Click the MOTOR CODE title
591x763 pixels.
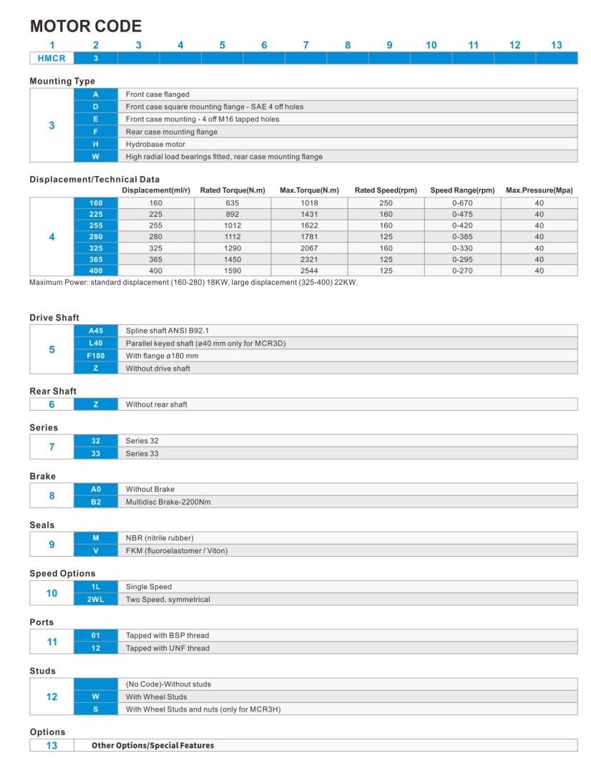point(86,26)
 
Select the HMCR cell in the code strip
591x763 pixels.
point(52,58)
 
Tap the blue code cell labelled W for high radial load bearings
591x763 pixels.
point(95,157)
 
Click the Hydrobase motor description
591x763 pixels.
point(155,144)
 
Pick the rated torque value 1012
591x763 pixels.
point(233,225)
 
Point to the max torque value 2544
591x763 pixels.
point(309,271)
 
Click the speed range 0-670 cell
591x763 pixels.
point(462,203)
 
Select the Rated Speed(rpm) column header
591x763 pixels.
point(386,190)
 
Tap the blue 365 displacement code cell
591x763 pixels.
point(95,259)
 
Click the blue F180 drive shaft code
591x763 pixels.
point(95,356)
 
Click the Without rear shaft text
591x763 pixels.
point(156,404)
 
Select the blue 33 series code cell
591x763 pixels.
point(95,453)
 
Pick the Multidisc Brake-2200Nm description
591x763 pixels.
point(168,502)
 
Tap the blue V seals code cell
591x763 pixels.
point(95,550)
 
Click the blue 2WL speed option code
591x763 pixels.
point(95,599)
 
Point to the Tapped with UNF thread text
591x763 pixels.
point(167,648)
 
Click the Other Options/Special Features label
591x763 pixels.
point(152,745)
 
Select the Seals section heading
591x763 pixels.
point(41,525)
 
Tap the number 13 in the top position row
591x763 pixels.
point(556,45)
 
